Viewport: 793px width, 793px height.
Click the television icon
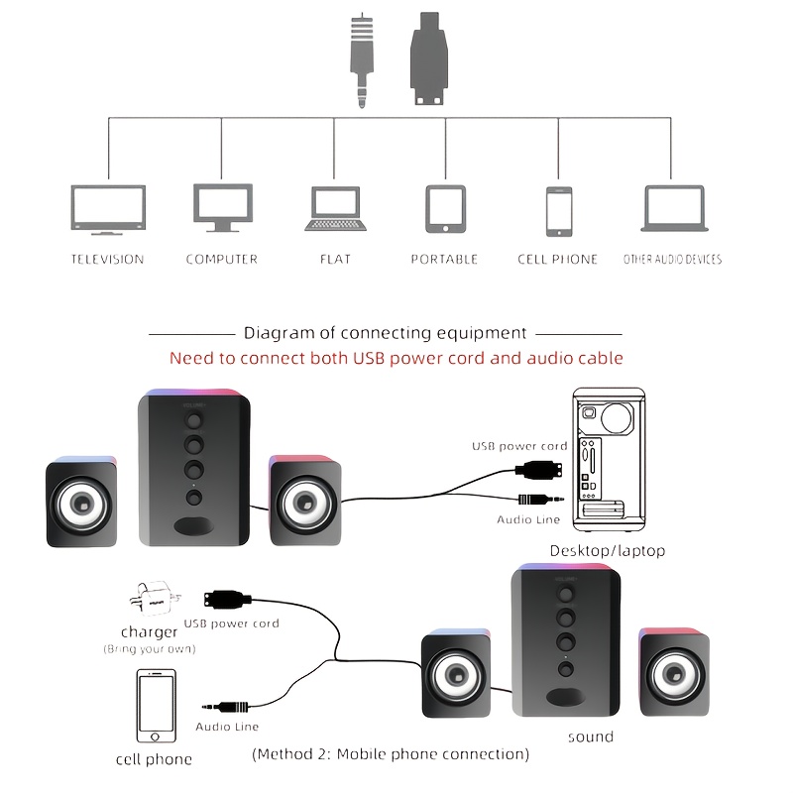tap(107, 209)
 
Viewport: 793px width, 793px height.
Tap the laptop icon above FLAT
tap(335, 209)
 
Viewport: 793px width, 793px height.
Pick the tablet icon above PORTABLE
tap(444, 208)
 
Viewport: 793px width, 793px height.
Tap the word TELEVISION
tap(107, 260)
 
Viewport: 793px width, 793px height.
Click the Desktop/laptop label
tap(607, 551)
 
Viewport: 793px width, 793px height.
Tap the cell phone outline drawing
tap(155, 708)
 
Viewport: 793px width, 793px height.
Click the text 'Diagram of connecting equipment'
tap(386, 334)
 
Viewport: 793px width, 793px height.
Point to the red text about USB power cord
tap(396, 358)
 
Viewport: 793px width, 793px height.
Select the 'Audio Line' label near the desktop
tap(528, 519)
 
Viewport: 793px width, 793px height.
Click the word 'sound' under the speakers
tap(590, 736)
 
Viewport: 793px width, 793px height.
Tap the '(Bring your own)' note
tap(150, 649)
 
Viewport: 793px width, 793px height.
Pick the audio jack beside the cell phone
tap(227, 707)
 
